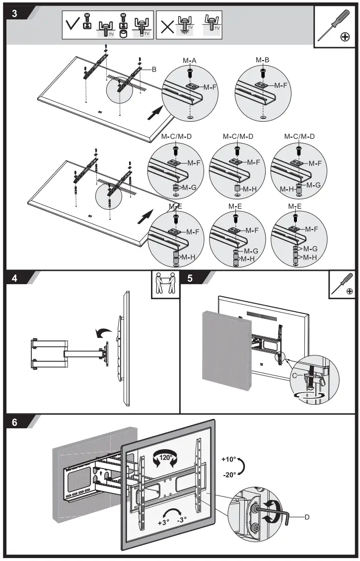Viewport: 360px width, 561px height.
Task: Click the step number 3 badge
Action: click(x=14, y=13)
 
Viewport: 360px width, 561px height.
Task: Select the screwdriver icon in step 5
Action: click(x=342, y=285)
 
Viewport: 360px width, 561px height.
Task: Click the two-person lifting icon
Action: click(x=165, y=285)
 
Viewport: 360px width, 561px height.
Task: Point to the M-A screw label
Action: click(x=190, y=60)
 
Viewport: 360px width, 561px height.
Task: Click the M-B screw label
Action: click(x=263, y=60)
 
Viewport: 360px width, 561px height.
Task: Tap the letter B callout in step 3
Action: click(x=154, y=70)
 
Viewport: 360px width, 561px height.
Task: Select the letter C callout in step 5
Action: click(x=294, y=376)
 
